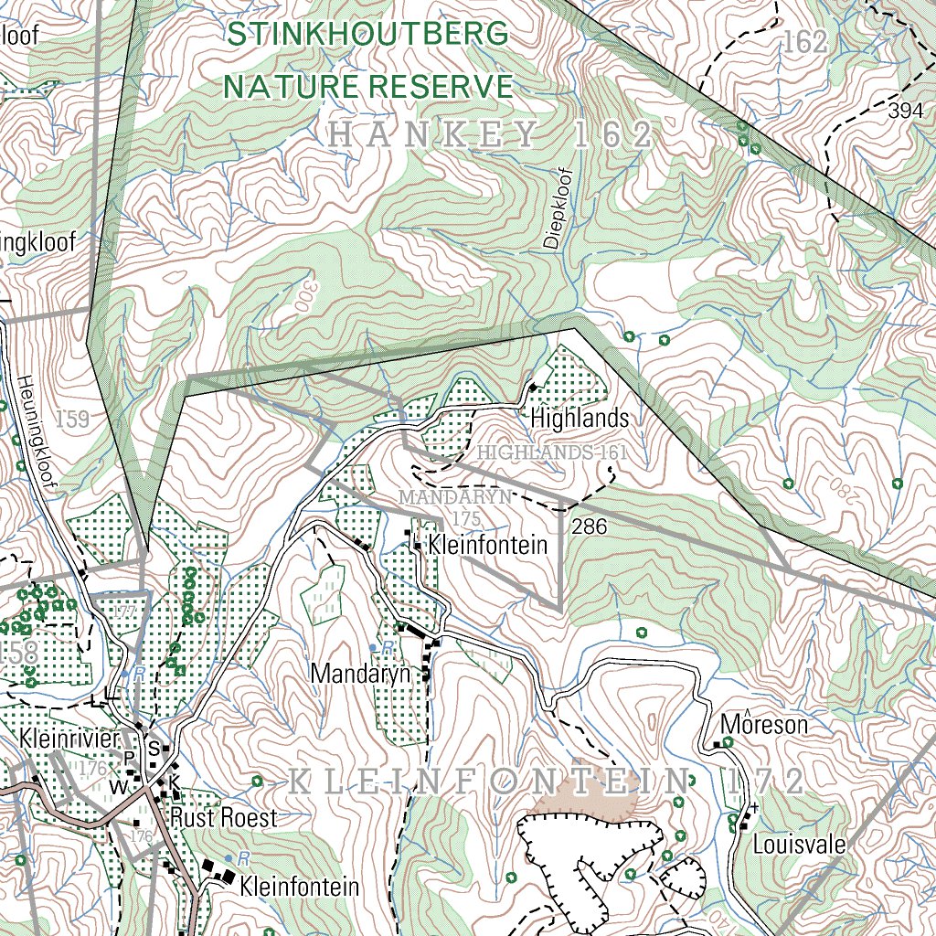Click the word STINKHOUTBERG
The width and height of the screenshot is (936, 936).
[x=367, y=35]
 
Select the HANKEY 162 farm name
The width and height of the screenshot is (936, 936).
[x=491, y=136]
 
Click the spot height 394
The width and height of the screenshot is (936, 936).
[x=905, y=112]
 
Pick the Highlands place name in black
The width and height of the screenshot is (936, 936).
[x=580, y=419]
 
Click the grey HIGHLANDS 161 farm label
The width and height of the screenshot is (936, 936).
[x=554, y=452]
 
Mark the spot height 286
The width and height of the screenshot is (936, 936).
[x=589, y=526]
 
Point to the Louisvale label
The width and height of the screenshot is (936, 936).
[x=799, y=844]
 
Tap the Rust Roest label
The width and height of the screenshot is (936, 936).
[x=223, y=817]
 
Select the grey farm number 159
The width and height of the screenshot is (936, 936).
[x=72, y=420]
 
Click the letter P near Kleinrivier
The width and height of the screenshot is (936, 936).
[x=129, y=756]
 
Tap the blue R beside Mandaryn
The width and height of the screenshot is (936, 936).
[x=388, y=647]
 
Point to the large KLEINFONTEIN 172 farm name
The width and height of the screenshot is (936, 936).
[x=547, y=782]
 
